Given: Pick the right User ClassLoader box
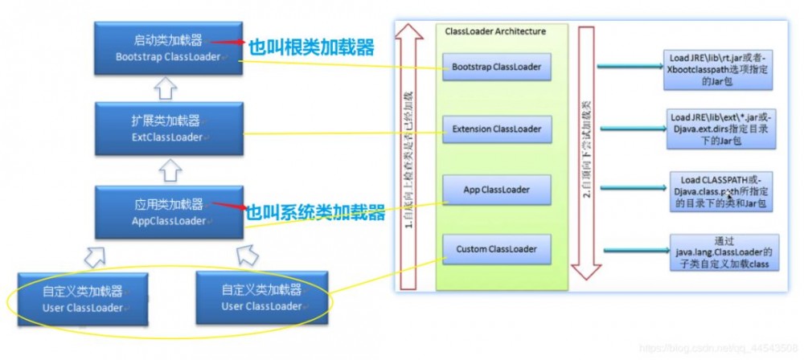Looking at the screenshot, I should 261,297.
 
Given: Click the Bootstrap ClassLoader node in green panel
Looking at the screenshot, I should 496,67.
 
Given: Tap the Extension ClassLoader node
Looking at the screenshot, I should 496,129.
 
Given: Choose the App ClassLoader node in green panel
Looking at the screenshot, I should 496,190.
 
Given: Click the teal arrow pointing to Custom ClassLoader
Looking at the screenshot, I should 627,251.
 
